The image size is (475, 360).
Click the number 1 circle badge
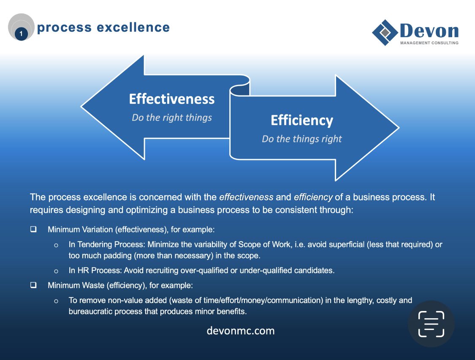[21, 34]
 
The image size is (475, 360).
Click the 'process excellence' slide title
[103, 28]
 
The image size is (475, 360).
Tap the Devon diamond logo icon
[385, 32]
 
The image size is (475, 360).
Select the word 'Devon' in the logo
[429, 31]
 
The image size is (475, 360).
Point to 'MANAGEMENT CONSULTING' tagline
[429, 43]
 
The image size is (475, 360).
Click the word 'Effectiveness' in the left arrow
[172, 99]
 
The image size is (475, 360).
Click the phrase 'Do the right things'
[172, 117]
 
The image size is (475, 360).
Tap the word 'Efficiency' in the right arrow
[302, 120]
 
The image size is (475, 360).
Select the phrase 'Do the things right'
[302, 139]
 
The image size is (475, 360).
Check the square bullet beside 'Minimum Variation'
[33, 229]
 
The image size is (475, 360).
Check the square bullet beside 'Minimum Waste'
[33, 285]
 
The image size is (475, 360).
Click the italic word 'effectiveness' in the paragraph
[246, 197]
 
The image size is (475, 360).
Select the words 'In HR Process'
[90, 271]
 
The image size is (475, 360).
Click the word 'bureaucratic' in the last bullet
[90, 312]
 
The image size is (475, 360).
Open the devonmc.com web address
[241, 330]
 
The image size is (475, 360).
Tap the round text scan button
[431, 324]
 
